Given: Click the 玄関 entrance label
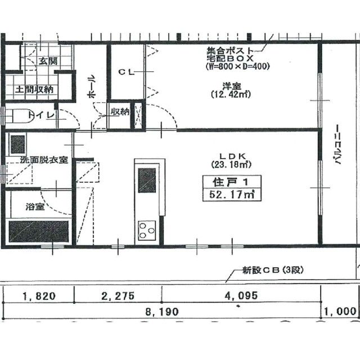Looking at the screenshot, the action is tap(48, 61).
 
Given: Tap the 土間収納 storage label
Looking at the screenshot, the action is tap(34, 89).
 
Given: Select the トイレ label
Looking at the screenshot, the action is tap(41, 115).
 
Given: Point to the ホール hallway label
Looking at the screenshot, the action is tap(91, 86).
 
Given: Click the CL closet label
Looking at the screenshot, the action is tap(126, 73).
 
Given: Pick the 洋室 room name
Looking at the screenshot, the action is tap(231, 86).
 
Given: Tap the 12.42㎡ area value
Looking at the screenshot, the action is tap(231, 94).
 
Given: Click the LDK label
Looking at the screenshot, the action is tap(233, 156).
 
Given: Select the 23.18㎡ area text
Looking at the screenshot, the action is tap(231, 164).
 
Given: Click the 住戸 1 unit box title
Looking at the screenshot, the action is tap(231, 182).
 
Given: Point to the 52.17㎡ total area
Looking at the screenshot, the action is tap(232, 195).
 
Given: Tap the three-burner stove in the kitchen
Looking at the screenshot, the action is tap(147, 231).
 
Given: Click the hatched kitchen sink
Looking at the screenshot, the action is tap(147, 181).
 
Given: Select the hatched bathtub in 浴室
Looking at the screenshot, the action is tap(39, 231).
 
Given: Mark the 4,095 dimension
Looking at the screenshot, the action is tap(241, 296).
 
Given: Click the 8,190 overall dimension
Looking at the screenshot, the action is tap(162, 312).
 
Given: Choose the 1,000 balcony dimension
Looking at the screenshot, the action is tap(340, 312).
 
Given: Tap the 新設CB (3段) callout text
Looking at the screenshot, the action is tap(273, 270).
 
